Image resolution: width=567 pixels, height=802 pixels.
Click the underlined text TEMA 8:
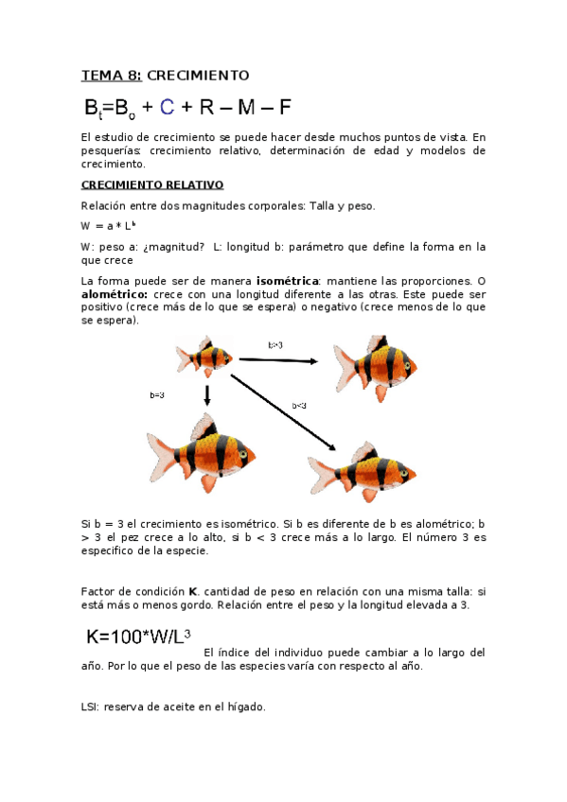pyautogui.click(x=112, y=75)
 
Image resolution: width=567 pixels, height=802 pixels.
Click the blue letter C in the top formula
pyautogui.click(x=167, y=107)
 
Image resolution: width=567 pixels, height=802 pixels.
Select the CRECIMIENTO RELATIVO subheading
pyautogui.click(x=151, y=184)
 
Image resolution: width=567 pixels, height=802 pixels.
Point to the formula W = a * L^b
pyautogui.click(x=110, y=225)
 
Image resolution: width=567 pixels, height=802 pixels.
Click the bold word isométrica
pyautogui.click(x=289, y=281)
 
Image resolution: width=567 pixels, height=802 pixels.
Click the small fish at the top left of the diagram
pyautogui.click(x=204, y=357)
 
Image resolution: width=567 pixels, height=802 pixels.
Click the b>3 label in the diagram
pyautogui.click(x=275, y=345)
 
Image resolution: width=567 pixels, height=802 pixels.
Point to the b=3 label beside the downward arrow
pyautogui.click(x=157, y=394)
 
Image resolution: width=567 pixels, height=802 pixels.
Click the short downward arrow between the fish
pyautogui.click(x=206, y=394)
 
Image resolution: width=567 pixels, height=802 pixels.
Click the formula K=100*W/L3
pyautogui.click(x=139, y=637)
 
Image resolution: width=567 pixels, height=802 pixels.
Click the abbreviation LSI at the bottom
pyautogui.click(x=91, y=706)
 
